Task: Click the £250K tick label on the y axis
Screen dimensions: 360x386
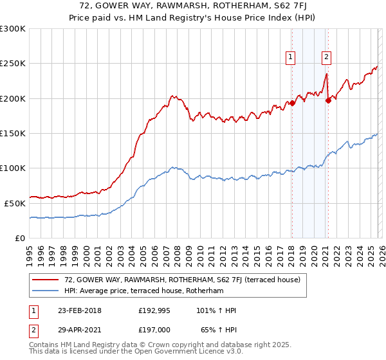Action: click(13, 64)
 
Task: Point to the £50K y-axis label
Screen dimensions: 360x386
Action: click(15, 203)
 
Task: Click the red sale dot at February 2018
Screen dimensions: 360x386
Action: click(292, 103)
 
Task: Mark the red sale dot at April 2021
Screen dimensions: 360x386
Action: click(328, 100)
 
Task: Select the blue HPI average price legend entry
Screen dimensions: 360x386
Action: click(151, 291)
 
